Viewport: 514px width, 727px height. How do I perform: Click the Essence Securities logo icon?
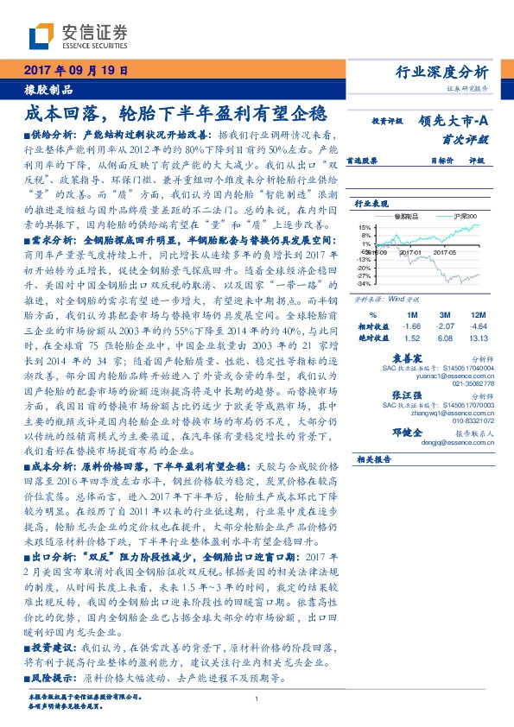pos(41,35)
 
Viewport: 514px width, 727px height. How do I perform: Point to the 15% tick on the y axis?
pos(365,225)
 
